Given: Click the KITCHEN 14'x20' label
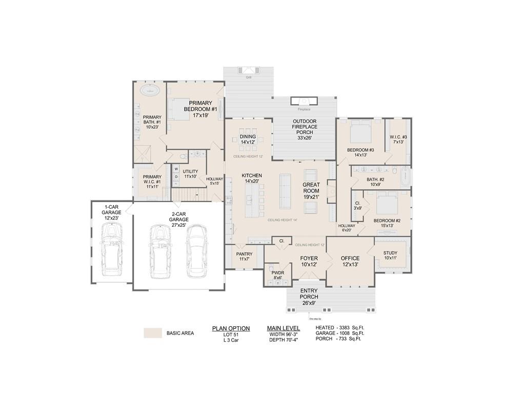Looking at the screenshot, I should click(x=252, y=179).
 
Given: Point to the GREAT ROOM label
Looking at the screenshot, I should click(x=311, y=190).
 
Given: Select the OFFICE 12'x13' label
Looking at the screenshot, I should click(x=350, y=261).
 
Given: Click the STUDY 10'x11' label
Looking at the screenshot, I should click(x=390, y=255).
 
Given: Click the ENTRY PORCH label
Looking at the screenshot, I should click(x=309, y=297).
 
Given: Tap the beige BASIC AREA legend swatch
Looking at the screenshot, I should click(x=152, y=333).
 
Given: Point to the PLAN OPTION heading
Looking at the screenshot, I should click(x=231, y=328).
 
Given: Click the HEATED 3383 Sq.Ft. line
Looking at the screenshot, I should click(x=340, y=327).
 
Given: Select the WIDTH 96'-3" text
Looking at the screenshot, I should click(x=283, y=334).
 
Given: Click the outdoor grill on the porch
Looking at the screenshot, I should click(x=248, y=71).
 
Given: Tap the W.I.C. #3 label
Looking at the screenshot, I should click(x=398, y=139).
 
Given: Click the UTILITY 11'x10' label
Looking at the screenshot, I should click(x=190, y=174).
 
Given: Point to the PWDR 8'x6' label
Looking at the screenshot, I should click(x=277, y=275).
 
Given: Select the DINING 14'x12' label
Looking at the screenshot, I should click(x=248, y=139).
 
